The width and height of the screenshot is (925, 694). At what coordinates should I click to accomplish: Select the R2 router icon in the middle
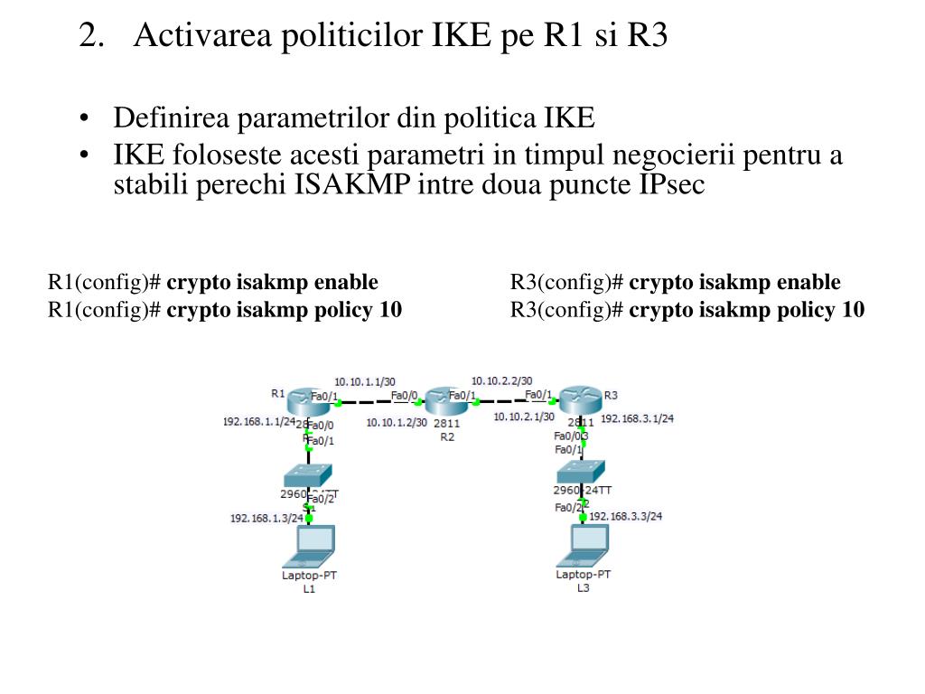(x=446, y=401)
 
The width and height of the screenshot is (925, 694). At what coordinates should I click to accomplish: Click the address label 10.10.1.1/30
(x=365, y=381)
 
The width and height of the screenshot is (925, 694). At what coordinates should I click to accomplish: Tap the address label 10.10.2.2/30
(x=501, y=380)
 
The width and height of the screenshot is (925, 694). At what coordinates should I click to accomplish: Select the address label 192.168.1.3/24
(x=266, y=518)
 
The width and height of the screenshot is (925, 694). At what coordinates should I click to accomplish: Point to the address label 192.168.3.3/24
(x=626, y=517)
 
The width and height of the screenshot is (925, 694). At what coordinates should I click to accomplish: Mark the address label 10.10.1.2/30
(x=397, y=422)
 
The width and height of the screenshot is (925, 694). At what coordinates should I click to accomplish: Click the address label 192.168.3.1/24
(x=637, y=418)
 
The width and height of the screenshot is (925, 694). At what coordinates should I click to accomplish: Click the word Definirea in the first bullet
(x=165, y=118)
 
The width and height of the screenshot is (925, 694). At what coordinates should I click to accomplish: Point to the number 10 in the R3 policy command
(x=853, y=310)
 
